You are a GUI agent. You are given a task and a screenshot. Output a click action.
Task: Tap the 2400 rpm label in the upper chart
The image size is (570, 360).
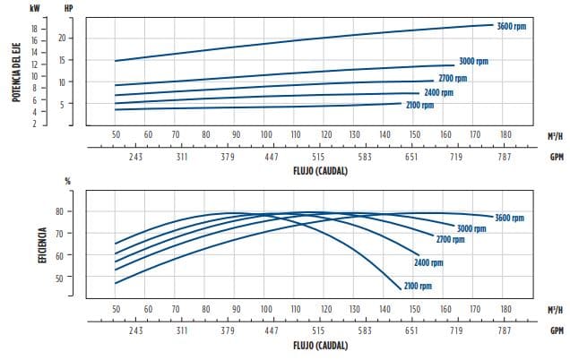pos(438,92)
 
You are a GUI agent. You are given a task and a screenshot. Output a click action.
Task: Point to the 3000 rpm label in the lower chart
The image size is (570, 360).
pos(471,228)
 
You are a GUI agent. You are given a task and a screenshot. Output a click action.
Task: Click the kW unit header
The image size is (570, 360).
pos(34,7)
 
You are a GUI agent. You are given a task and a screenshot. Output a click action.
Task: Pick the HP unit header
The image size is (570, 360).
pos(69,7)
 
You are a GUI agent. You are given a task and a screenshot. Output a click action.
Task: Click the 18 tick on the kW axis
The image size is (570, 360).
pos(34,29)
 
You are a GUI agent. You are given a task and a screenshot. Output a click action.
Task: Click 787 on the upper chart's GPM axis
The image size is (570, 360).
pos(505,156)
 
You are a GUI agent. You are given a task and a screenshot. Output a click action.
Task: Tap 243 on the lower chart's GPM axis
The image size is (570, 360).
pos(134,330)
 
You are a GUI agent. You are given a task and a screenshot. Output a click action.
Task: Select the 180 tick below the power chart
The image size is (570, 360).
pos(505,134)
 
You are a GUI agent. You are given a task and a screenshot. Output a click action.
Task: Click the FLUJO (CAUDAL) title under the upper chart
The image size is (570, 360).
pos(319,169)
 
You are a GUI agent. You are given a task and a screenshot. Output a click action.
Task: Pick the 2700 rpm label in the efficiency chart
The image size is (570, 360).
pos(450,240)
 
